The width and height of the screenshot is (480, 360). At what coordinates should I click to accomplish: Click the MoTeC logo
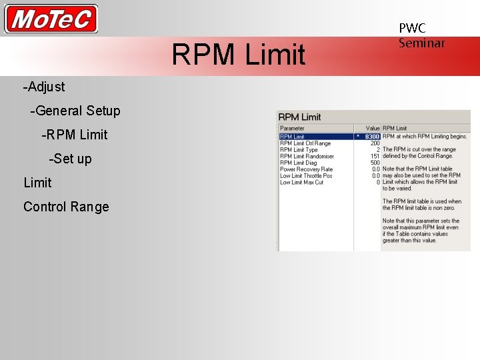(x=51, y=19)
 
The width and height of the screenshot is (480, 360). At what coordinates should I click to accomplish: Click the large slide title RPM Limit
(x=238, y=55)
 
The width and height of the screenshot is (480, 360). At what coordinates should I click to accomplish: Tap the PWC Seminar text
(x=421, y=35)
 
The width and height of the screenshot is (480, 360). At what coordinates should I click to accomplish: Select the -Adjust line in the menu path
(x=44, y=87)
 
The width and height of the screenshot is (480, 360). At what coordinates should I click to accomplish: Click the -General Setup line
(x=75, y=111)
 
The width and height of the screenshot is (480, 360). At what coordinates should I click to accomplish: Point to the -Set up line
(x=70, y=159)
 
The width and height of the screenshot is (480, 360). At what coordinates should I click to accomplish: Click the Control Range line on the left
(x=66, y=207)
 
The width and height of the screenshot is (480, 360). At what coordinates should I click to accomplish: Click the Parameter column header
(x=292, y=128)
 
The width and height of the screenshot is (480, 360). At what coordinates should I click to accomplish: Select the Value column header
(x=372, y=128)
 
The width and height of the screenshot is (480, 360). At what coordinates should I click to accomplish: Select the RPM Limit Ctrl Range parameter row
(x=305, y=143)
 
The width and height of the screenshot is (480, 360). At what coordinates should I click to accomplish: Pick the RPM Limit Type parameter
(x=299, y=150)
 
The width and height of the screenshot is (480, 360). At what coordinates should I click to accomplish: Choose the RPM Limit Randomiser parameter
(x=307, y=157)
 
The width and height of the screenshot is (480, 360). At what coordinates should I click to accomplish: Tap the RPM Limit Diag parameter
(x=299, y=163)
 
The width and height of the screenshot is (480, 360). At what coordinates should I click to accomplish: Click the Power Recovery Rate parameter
(x=306, y=169)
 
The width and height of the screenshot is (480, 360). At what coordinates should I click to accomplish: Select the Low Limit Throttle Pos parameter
(x=306, y=176)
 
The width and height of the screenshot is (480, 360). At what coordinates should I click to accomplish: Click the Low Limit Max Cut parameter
(x=301, y=182)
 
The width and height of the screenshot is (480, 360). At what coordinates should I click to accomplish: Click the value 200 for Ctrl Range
(x=375, y=143)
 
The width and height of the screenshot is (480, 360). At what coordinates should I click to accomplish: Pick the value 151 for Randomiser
(x=375, y=157)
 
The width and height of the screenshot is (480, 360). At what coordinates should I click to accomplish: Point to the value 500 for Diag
(x=375, y=163)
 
